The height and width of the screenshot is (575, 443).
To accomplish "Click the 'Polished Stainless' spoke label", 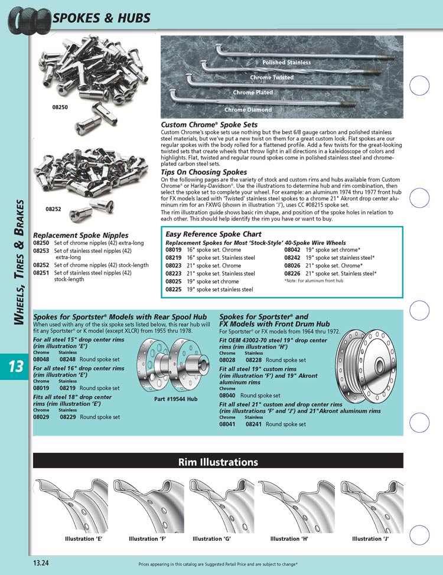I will click(x=286, y=63).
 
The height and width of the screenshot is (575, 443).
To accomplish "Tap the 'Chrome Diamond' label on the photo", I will click(x=248, y=110).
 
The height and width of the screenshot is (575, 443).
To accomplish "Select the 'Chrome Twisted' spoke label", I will click(x=271, y=78).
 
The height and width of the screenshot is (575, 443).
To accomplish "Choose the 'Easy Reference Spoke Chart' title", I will click(x=213, y=234).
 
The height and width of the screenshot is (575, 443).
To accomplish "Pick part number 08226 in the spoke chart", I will click(x=292, y=273).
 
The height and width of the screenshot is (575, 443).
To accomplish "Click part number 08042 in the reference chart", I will click(x=292, y=250).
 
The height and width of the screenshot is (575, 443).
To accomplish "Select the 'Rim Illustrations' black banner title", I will click(x=218, y=462).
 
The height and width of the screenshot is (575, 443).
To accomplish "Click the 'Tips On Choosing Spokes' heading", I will click(x=204, y=172).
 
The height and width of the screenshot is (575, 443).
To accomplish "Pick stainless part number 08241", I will click(x=254, y=424).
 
